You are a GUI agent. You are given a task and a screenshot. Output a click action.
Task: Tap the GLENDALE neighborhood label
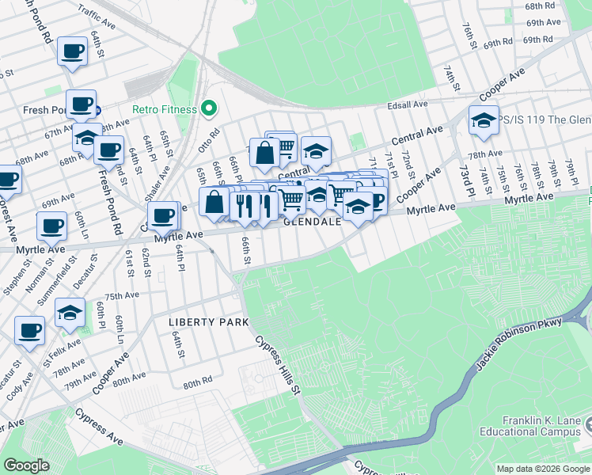(313, 222)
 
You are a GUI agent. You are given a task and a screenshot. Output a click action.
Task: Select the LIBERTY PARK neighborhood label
(208, 322)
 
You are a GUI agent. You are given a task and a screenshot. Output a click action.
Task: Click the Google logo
(26, 465)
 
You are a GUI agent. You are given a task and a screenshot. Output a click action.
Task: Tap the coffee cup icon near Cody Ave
(30, 330)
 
